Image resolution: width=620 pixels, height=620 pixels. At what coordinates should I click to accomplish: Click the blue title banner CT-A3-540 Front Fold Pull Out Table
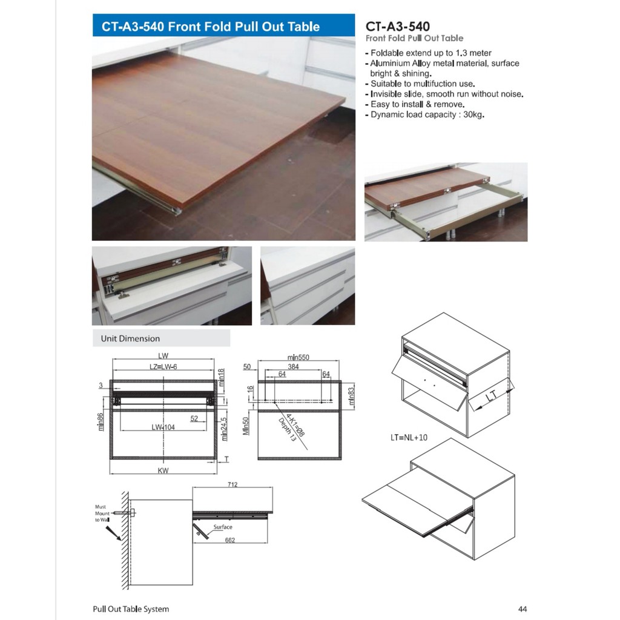(223, 27)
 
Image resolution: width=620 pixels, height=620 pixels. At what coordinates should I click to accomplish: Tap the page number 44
(523, 608)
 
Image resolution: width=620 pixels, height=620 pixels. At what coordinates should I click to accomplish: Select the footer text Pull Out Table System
(131, 608)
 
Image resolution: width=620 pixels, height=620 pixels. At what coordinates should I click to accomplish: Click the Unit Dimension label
(130, 338)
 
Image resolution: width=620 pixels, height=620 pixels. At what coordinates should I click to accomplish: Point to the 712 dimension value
(232, 484)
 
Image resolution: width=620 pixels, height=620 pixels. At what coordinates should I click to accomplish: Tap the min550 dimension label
(298, 357)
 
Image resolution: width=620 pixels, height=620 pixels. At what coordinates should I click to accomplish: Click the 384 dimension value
(294, 367)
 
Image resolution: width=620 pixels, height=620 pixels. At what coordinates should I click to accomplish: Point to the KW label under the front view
(163, 470)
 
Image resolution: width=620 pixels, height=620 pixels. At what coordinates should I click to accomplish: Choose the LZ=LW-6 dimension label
(163, 367)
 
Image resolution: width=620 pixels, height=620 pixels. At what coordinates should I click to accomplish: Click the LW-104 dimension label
(163, 427)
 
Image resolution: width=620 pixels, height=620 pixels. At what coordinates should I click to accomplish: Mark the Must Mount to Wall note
(102, 513)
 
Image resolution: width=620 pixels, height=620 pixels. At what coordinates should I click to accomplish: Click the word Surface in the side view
(223, 527)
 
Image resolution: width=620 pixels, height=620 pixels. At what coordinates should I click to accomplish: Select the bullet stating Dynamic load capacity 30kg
(424, 114)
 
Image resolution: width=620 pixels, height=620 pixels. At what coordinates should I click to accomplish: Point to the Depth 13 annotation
(287, 429)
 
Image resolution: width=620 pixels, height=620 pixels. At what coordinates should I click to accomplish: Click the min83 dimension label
(351, 395)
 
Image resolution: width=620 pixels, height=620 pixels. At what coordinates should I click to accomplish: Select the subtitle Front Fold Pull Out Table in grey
(415, 38)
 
